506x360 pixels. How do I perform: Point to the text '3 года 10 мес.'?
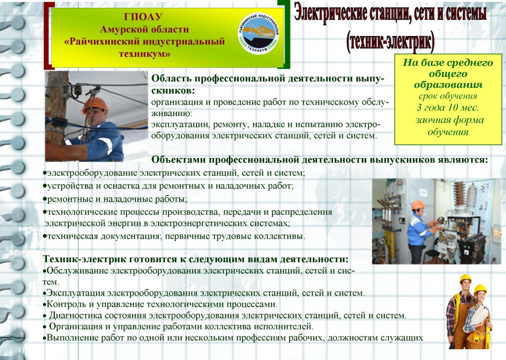pos(448,108)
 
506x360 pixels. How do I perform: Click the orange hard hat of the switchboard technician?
pos(418,205)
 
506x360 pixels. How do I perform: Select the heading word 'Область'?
pos(171,79)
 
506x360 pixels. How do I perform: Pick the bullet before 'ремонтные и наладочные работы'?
pos(44,200)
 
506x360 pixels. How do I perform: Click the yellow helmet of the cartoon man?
pos(465,279)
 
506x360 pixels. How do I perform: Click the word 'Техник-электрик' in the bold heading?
pos(84,259)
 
